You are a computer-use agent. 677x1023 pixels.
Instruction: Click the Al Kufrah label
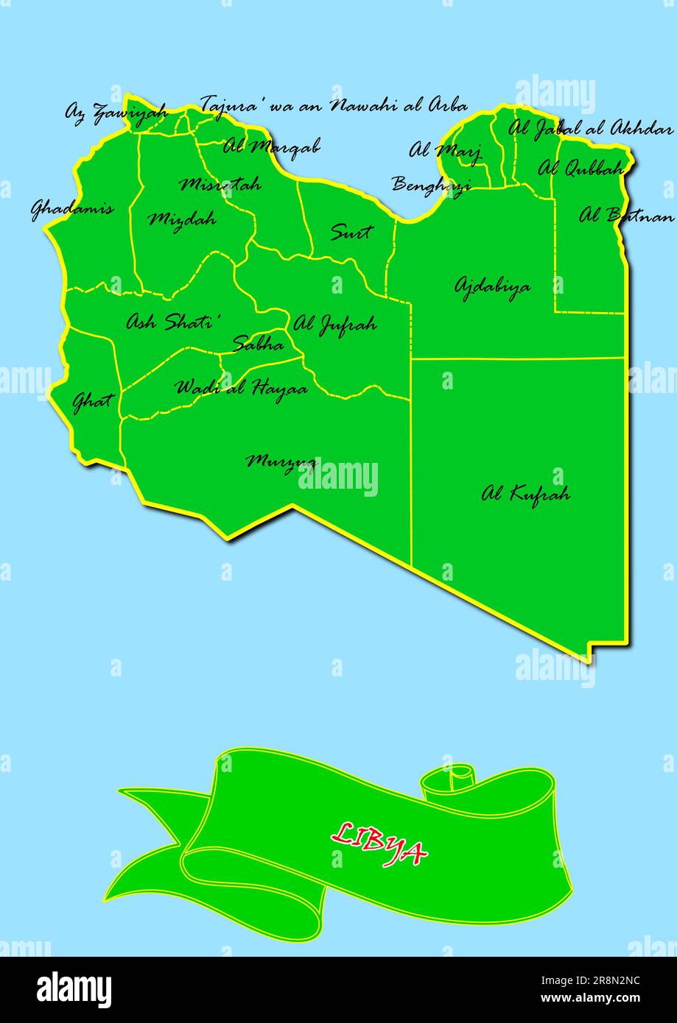[525, 493]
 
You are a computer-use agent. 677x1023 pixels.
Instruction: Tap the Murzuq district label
[281, 462]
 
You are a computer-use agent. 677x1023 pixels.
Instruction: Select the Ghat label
[93, 401]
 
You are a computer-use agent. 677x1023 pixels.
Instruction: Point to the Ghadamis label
[72, 208]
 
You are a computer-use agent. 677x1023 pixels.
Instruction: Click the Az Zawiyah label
[116, 113]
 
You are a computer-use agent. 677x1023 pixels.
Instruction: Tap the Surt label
[351, 233]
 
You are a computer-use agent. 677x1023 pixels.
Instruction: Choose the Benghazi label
[431, 184]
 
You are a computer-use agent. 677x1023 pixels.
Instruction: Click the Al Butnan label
[626, 216]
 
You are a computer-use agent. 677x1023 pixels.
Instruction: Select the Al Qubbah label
[581, 169]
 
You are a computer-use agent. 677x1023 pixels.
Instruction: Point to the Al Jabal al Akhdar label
[590, 128]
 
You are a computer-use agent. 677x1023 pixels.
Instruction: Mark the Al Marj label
[445, 151]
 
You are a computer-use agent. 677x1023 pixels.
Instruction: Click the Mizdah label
[182, 219]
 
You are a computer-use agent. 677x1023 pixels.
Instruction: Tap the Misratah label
[220, 184]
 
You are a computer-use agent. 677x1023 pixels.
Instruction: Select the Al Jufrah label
[335, 324]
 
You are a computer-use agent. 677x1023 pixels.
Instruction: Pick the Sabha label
[258, 343]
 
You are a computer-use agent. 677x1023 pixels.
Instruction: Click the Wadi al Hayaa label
[241, 387]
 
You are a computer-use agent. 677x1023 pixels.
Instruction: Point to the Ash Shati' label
[174, 322]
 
